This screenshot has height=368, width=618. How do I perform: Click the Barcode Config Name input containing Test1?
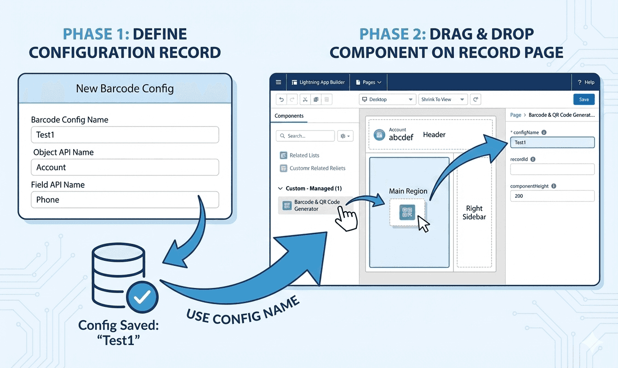(125, 135)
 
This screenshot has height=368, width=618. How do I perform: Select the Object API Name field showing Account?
(125, 167)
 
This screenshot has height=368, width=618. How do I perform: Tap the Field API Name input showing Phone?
(125, 200)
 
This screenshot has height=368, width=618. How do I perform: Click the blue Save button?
(584, 99)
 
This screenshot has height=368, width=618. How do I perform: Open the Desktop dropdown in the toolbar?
(387, 99)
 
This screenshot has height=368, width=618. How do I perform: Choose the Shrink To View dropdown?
(443, 99)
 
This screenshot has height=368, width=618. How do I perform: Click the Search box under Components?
(305, 136)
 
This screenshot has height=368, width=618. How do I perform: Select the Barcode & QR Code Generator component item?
(316, 205)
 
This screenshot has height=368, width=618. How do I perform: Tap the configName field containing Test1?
(552, 143)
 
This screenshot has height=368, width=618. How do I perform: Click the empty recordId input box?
(552, 169)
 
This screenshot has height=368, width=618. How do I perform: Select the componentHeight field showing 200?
(552, 196)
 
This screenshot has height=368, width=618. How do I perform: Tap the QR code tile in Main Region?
(407, 212)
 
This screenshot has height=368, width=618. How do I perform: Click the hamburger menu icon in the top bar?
(278, 82)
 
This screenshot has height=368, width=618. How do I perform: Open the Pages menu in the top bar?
(369, 82)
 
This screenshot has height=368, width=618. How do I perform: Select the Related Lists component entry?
(304, 155)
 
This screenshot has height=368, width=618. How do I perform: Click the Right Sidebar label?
(474, 213)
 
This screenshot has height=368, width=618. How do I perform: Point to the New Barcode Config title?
(125, 88)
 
